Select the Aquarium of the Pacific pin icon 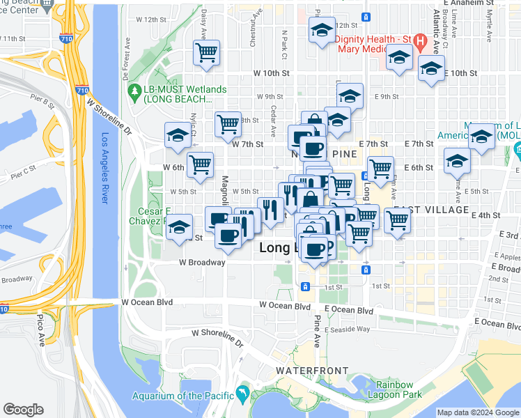242,395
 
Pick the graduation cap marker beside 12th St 322,31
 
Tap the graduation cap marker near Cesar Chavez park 179,226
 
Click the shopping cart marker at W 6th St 200,164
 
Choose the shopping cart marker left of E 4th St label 397,220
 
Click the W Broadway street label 202,263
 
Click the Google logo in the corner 23,410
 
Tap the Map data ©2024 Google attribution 478,412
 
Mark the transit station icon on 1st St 305,286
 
